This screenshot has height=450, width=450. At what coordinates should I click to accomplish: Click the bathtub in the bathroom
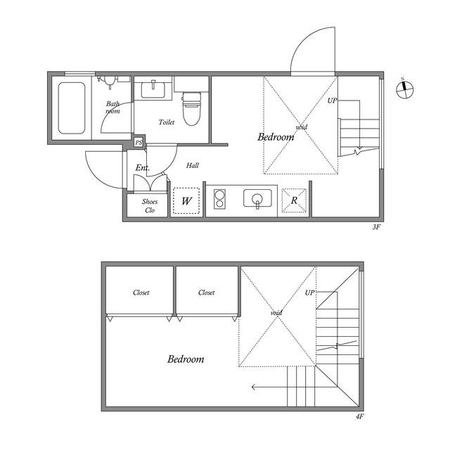72,108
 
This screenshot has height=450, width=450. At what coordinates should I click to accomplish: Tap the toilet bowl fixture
192,108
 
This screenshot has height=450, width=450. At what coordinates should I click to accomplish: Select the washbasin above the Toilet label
153,89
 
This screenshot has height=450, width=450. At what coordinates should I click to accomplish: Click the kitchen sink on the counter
257,198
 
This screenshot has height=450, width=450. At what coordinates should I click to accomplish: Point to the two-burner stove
220,198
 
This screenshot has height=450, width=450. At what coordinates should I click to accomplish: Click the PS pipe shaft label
139,142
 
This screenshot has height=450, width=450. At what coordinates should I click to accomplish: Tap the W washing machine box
186,200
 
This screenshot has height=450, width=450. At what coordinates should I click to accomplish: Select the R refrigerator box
294,200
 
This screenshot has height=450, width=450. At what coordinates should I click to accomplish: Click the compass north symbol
405,89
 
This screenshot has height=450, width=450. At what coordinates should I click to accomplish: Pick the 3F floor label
376,227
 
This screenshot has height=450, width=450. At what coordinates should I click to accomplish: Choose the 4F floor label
359,416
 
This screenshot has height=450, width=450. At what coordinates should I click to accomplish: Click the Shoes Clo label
150,206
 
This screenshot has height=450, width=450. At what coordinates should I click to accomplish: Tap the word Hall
192,165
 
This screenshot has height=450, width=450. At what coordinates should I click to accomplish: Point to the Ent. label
142,167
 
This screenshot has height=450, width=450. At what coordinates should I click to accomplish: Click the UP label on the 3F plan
333,101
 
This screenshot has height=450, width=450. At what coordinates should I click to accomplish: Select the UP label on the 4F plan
309,292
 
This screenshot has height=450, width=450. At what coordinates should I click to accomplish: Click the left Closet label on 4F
141,292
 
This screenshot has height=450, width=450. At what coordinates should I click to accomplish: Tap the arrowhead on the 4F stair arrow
253,387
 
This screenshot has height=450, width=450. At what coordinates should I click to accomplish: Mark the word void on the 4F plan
276,312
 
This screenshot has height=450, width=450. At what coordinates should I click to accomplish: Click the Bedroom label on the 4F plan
186,359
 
